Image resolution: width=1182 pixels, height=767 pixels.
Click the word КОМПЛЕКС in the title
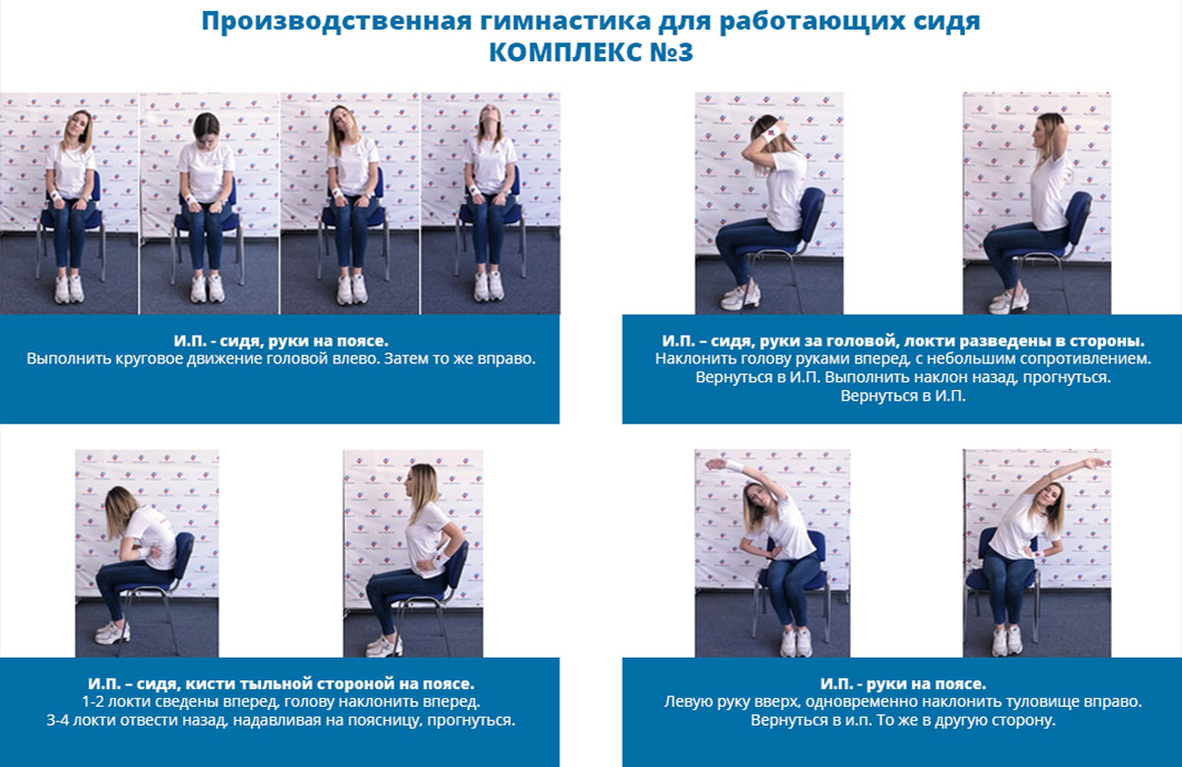(560, 52)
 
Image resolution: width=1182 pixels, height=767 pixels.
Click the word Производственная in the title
(336, 22)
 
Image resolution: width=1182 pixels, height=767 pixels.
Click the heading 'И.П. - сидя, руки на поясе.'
(281, 341)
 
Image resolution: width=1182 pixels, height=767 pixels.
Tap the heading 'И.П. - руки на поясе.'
(903, 683)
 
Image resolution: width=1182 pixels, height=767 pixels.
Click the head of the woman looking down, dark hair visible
(206, 129)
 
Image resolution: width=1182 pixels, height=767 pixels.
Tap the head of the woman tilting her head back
(491, 119)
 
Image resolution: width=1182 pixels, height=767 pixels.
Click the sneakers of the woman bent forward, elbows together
(112, 632)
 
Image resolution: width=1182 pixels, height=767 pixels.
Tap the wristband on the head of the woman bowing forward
(770, 132)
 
